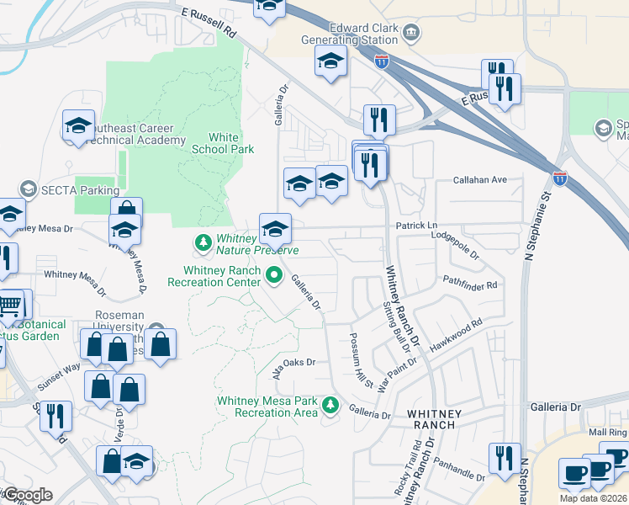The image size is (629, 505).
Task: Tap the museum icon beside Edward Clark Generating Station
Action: [411, 33]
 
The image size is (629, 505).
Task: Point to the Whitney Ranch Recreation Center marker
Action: [273, 274]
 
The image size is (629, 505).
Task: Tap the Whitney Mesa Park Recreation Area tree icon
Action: [331, 407]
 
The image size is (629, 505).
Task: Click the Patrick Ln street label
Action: [415, 226]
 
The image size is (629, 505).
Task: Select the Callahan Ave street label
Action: [480, 180]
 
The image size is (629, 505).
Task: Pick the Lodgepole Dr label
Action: [455, 246]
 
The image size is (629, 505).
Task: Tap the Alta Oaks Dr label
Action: [293, 364]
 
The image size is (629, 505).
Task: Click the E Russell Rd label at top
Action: [209, 24]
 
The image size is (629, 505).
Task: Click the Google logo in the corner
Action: [28, 495]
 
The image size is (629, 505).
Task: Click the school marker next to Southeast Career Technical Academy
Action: [78, 127]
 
